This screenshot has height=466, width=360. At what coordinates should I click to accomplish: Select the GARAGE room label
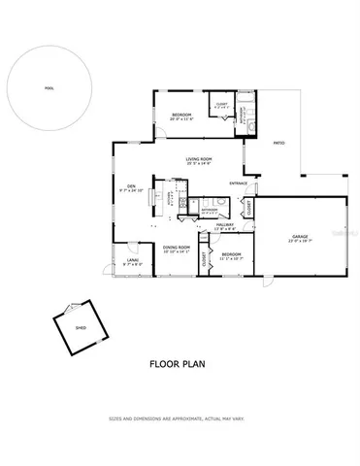point(299,237)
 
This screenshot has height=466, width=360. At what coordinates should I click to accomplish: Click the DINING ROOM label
point(176,248)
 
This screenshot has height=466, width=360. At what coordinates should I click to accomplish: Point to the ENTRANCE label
point(238,183)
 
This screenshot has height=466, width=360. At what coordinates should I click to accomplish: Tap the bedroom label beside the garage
point(230,253)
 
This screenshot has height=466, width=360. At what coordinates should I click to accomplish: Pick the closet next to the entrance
point(248,207)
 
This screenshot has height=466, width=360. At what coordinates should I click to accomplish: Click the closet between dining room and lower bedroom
point(204,258)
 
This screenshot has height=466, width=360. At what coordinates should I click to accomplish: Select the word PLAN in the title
point(194,366)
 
